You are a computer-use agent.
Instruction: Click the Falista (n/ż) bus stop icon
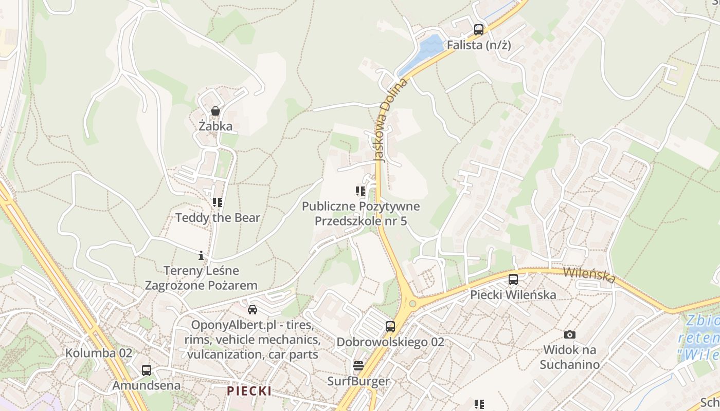pos(479,29)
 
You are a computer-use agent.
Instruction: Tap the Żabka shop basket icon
pos(215,111)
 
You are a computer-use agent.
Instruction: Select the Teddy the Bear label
pos(218,217)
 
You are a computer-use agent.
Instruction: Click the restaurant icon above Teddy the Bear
pos(217,202)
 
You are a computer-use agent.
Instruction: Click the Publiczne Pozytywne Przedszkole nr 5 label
pos(361,214)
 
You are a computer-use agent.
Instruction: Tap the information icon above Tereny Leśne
pos(201,255)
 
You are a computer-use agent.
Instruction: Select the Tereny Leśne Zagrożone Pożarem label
pos(201,277)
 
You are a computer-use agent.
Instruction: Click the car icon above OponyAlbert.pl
pos(252,309)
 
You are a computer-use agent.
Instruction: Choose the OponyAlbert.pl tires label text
pos(253,340)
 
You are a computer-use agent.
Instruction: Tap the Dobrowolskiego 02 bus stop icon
pos(390,326)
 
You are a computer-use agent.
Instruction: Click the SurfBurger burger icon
pos(358,366)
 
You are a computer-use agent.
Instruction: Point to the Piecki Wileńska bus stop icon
pos(513,279)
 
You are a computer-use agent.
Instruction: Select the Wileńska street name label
pos(589,274)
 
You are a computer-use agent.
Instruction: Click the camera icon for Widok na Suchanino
pos(569,334)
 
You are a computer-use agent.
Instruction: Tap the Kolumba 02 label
pos(99,353)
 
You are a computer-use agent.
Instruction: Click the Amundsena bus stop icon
pos(147,370)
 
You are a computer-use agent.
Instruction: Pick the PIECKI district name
pos(249,391)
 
